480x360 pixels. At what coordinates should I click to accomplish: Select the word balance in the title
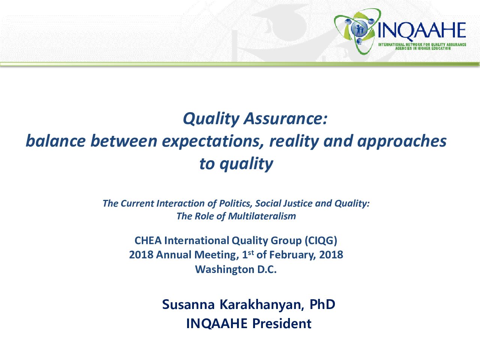[56, 141]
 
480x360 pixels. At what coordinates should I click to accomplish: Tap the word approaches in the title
[402, 142]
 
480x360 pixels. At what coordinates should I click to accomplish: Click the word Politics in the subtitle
[235, 204]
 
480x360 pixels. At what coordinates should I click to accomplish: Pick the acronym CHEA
[148, 241]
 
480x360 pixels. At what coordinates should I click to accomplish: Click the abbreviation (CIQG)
[321, 241]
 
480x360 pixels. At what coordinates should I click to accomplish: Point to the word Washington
[224, 270]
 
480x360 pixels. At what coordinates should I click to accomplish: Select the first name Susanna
[189, 305]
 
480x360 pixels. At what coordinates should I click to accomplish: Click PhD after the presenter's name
[322, 304]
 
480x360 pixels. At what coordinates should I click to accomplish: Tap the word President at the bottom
[282, 324]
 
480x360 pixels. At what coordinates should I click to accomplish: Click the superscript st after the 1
[251, 252]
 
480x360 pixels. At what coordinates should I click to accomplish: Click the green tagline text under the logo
[422, 46]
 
